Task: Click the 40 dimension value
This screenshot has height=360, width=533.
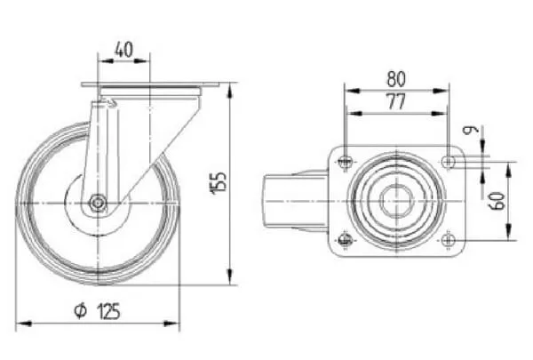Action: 123,50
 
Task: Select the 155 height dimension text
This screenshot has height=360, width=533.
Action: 219,183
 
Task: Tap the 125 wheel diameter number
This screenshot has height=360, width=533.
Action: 108,311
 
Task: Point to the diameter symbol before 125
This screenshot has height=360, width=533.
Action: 81,310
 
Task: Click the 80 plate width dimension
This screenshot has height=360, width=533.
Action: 396,78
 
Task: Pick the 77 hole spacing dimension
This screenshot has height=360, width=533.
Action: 396,101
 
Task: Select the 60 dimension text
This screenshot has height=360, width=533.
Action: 497,201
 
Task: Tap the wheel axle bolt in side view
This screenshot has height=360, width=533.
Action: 98,204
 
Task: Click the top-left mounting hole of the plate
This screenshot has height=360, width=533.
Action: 346,161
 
